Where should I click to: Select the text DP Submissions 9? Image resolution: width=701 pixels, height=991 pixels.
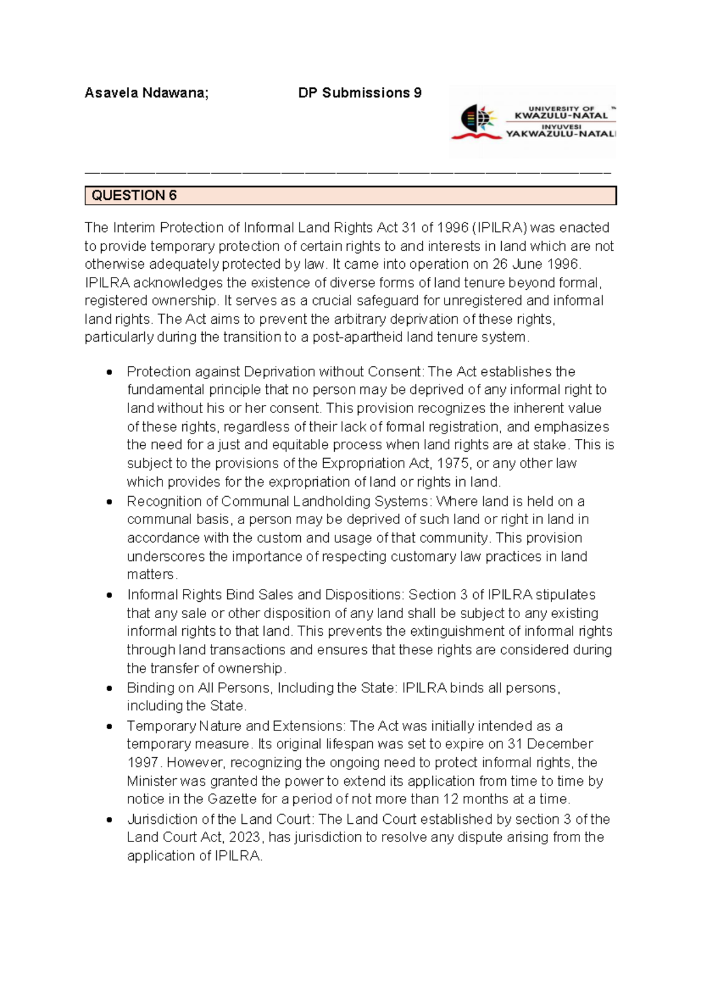coord(359,93)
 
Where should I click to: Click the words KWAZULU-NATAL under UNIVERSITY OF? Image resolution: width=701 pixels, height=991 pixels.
coord(561,116)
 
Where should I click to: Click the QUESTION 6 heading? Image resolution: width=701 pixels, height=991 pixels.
coord(134,196)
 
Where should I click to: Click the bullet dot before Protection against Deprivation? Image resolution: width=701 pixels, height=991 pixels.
coord(109,372)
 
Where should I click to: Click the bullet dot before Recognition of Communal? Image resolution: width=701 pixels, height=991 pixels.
coord(109,502)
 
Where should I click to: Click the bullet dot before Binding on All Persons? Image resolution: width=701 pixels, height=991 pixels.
coord(109,688)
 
